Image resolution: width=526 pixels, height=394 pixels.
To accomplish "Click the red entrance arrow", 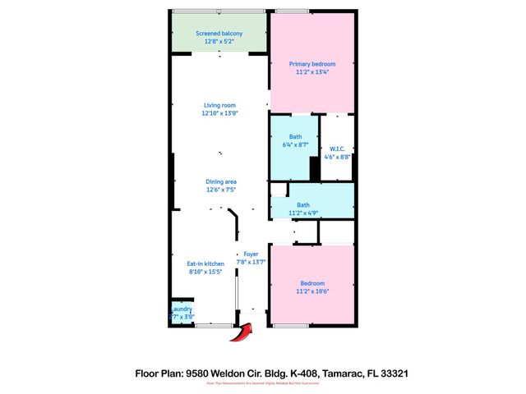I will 242,332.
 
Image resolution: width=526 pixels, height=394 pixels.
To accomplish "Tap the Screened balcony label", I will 218,33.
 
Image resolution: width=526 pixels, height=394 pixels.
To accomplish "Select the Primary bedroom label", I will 312,63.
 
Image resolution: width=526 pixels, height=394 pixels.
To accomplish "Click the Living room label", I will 219,105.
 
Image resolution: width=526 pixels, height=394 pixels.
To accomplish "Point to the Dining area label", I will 219,181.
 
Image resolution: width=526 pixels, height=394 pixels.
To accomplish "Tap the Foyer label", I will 251,254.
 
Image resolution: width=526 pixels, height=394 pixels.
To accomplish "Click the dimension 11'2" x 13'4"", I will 312,71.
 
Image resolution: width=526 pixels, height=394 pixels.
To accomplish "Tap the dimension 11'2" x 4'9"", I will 303,213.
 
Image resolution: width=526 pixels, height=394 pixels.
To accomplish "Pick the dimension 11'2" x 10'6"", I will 312,291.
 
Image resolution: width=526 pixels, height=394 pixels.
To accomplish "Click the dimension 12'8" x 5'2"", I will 218,41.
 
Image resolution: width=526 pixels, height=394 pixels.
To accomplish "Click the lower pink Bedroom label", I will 312,283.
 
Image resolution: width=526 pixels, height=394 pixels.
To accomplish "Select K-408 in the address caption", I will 298,373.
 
